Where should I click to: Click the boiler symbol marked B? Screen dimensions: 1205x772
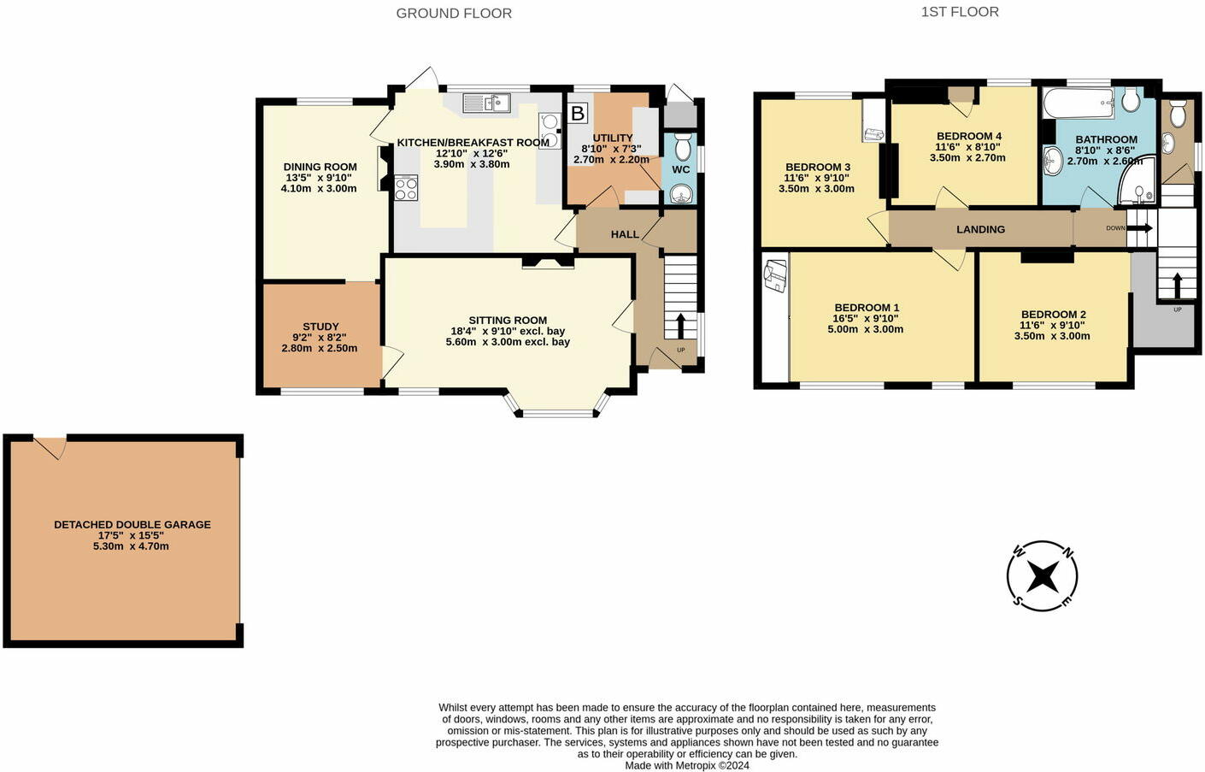[577, 113]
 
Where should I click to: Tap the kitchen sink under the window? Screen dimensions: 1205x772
[486, 103]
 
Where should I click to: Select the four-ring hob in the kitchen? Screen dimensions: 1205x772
[406, 189]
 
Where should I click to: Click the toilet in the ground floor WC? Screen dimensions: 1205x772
[683, 147]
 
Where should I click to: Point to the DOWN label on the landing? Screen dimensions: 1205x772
[1115, 228]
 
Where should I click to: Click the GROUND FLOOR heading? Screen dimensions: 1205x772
[454, 14]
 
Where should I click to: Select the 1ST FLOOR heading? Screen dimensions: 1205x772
[960, 12]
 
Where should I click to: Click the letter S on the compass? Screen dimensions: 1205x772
[1017, 600]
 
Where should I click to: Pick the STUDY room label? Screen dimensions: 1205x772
[320, 327]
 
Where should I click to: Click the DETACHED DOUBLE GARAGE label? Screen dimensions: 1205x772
[132, 525]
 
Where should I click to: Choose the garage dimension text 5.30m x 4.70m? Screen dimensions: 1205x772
[131, 546]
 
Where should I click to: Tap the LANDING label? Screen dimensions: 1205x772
[981, 229]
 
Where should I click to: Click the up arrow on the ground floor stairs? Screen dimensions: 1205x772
[680, 326]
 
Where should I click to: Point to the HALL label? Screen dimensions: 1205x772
[625, 234]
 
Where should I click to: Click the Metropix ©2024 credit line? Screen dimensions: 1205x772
[687, 765]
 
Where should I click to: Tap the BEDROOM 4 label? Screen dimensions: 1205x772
[969, 136]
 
